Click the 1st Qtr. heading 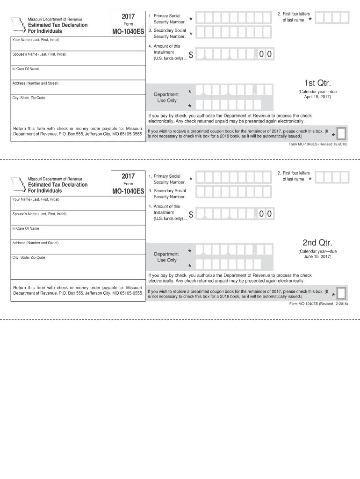(x=317, y=83)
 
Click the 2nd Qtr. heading (x=317, y=243)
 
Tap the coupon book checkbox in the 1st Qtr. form (x=342, y=134)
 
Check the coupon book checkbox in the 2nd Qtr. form (x=342, y=293)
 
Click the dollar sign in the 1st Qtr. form (x=191, y=56)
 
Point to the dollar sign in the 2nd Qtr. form (x=191, y=215)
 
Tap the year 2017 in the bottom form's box (x=128, y=176)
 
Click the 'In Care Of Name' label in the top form (x=26, y=69)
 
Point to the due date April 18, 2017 (x=317, y=97)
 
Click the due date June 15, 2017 (x=317, y=256)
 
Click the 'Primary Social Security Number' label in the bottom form (x=167, y=179)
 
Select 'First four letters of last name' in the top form (x=293, y=17)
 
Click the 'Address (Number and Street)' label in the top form (x=36, y=83)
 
